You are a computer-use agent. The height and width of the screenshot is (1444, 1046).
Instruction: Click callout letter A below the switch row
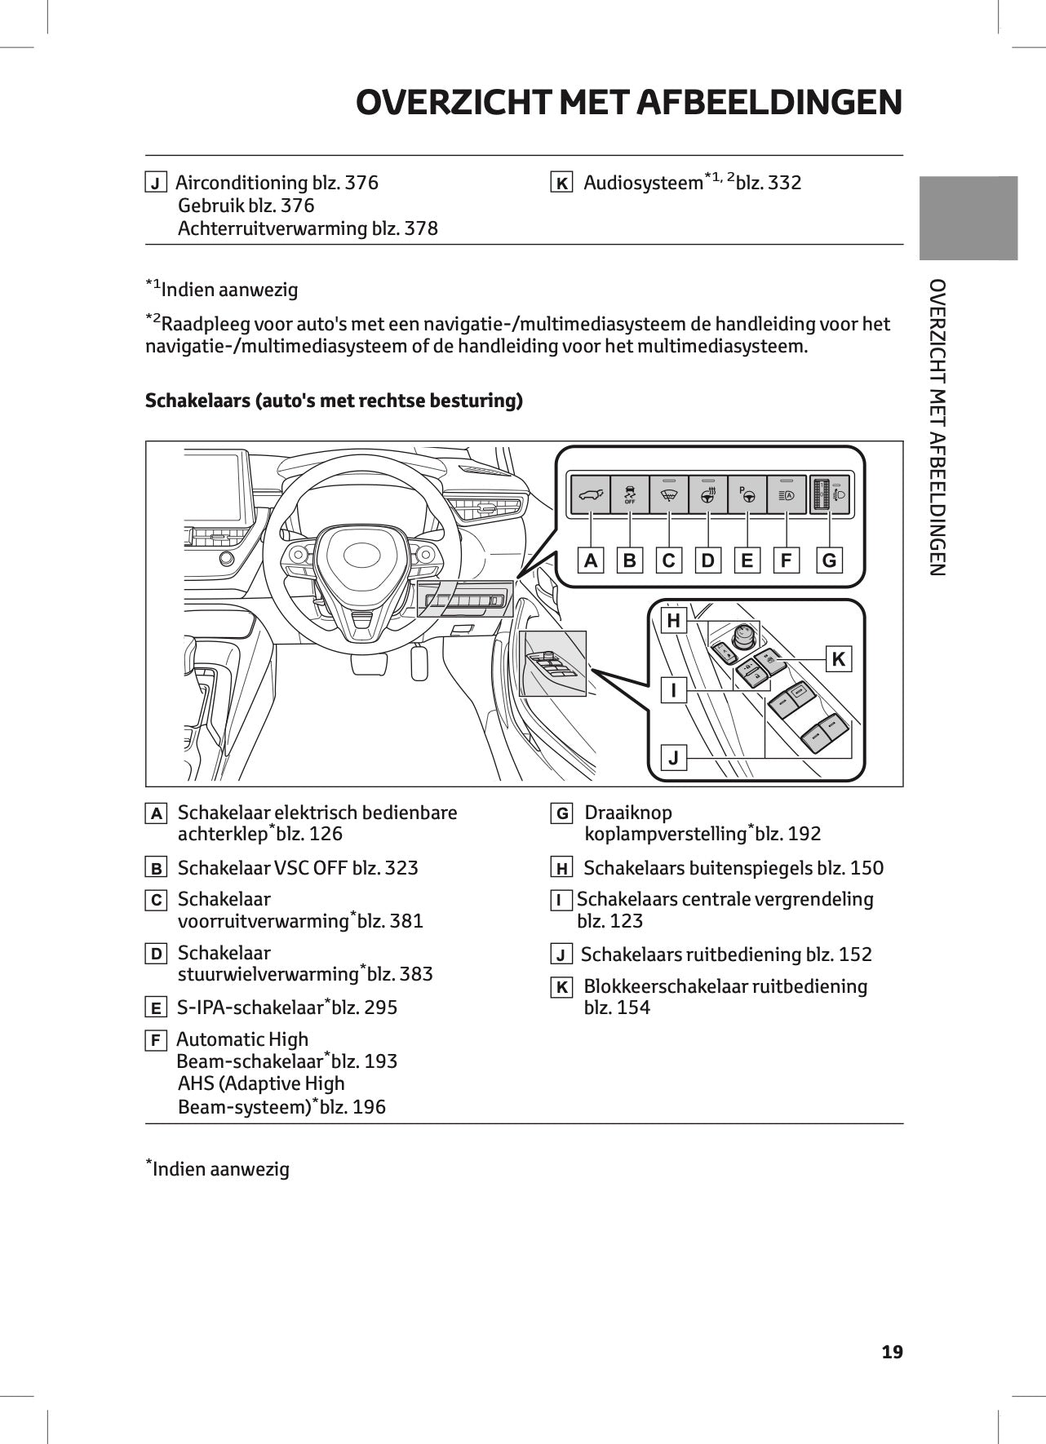591,560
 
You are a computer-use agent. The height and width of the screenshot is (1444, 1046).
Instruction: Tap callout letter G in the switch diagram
829,560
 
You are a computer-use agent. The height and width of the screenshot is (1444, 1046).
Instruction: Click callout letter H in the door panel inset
673,621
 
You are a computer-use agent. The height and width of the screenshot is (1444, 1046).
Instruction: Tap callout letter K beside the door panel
838,659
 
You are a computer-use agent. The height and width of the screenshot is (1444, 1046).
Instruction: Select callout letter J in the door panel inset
673,758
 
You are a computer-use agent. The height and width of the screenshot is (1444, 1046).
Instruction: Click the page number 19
892,1352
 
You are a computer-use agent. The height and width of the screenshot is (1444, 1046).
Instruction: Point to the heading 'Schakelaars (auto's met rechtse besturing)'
334,401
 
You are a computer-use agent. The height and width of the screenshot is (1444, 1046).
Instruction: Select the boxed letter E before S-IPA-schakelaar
155,1008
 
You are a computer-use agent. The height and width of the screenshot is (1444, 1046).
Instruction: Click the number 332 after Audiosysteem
784,183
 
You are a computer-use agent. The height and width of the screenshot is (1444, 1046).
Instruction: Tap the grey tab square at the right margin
968,218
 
